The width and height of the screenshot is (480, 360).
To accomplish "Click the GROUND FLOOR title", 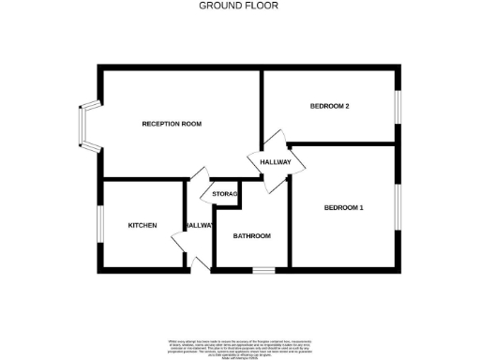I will pos(238,6).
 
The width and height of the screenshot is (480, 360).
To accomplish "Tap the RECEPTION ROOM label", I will pos(172,124).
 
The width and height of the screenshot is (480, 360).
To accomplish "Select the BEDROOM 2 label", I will pos(329,106).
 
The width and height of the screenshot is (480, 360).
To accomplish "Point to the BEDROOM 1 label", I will pos(344,207).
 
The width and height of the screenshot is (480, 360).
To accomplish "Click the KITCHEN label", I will pos(142,225).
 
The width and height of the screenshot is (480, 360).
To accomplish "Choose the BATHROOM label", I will pos(252,236).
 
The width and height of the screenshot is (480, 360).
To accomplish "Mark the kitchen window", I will pos(100,226).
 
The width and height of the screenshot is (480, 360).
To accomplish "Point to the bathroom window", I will pos(263,271).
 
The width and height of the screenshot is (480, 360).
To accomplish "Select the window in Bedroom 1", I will pos(397,208).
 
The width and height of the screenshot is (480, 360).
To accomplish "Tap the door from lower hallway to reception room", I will pos(198,176).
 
